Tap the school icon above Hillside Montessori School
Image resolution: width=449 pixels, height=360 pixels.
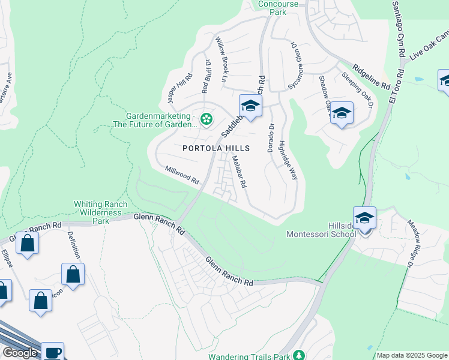pyautogui.click(x=364, y=217)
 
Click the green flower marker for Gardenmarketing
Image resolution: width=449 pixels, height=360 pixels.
pyautogui.click(x=206, y=119)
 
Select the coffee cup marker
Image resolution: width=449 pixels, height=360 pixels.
pyautogui.click(x=52, y=352)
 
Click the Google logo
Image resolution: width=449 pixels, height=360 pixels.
pyautogui.click(x=20, y=353)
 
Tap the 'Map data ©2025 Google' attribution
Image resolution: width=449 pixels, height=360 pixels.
pyautogui.click(x=412, y=355)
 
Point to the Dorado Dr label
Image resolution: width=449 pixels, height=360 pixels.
pyautogui.click(x=271, y=137)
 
